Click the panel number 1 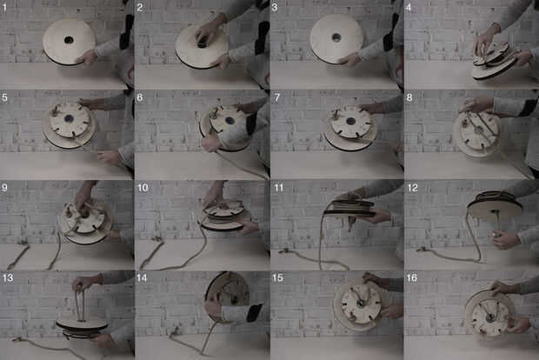click(4, 8)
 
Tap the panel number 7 click(277, 97)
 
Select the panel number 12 click(412, 188)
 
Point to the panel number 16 click(412, 277)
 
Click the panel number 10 click(143, 188)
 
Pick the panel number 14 click(142, 277)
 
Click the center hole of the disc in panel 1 click(69, 40)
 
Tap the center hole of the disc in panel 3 click(336, 37)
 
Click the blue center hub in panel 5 click(69, 119)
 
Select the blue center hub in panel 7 click(351, 121)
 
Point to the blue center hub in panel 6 click(230, 120)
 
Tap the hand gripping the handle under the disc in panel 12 click(504, 240)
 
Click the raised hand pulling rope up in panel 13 click(83, 283)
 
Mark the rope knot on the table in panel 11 click(284, 251)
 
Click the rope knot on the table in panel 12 click(422, 250)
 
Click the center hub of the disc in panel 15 click(361, 303)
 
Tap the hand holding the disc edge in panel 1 click(88, 57)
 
